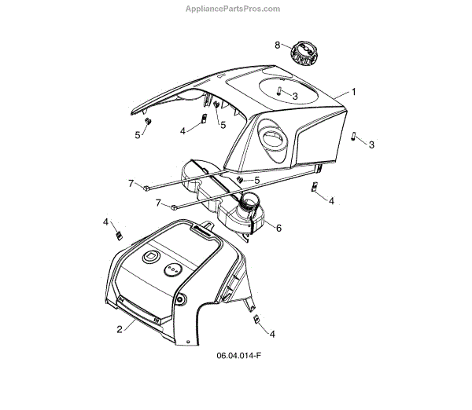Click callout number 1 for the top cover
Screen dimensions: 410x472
[353, 92]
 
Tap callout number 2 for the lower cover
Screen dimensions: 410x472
[120, 329]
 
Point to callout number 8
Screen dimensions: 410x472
[277, 45]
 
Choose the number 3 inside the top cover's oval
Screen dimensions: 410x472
[294, 95]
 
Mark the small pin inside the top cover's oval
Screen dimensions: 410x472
[278, 92]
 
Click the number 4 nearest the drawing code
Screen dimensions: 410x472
[272, 334]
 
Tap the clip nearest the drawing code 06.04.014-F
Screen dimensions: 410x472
[256, 318]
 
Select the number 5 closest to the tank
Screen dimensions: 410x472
[257, 180]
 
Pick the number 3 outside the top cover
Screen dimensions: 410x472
[371, 145]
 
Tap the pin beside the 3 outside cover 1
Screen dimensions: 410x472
[355, 135]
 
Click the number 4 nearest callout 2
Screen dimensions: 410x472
[105, 222]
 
